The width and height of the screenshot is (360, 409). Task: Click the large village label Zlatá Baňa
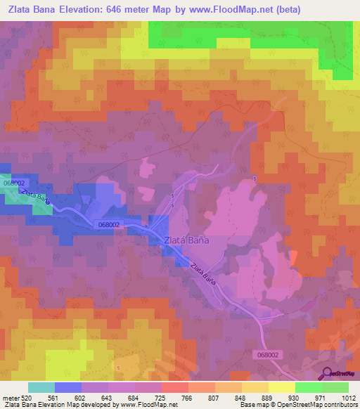pos(186,240)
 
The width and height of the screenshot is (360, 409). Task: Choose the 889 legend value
pos(269,397)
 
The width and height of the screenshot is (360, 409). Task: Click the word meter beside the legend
pos(11,397)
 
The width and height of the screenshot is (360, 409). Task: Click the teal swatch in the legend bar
pos(41,387)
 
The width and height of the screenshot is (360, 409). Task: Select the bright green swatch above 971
pos(308,387)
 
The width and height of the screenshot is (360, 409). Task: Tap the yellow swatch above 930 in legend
pos(281,387)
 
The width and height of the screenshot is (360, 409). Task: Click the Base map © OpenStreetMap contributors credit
pos(297,405)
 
